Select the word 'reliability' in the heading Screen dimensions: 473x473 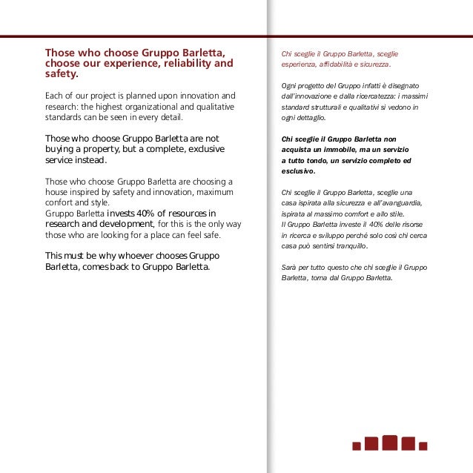(178, 64)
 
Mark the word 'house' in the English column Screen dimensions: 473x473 (59, 192)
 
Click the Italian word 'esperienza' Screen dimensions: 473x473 (299, 64)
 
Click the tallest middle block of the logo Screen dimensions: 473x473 (390, 443)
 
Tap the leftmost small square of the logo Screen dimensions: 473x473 (357, 446)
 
